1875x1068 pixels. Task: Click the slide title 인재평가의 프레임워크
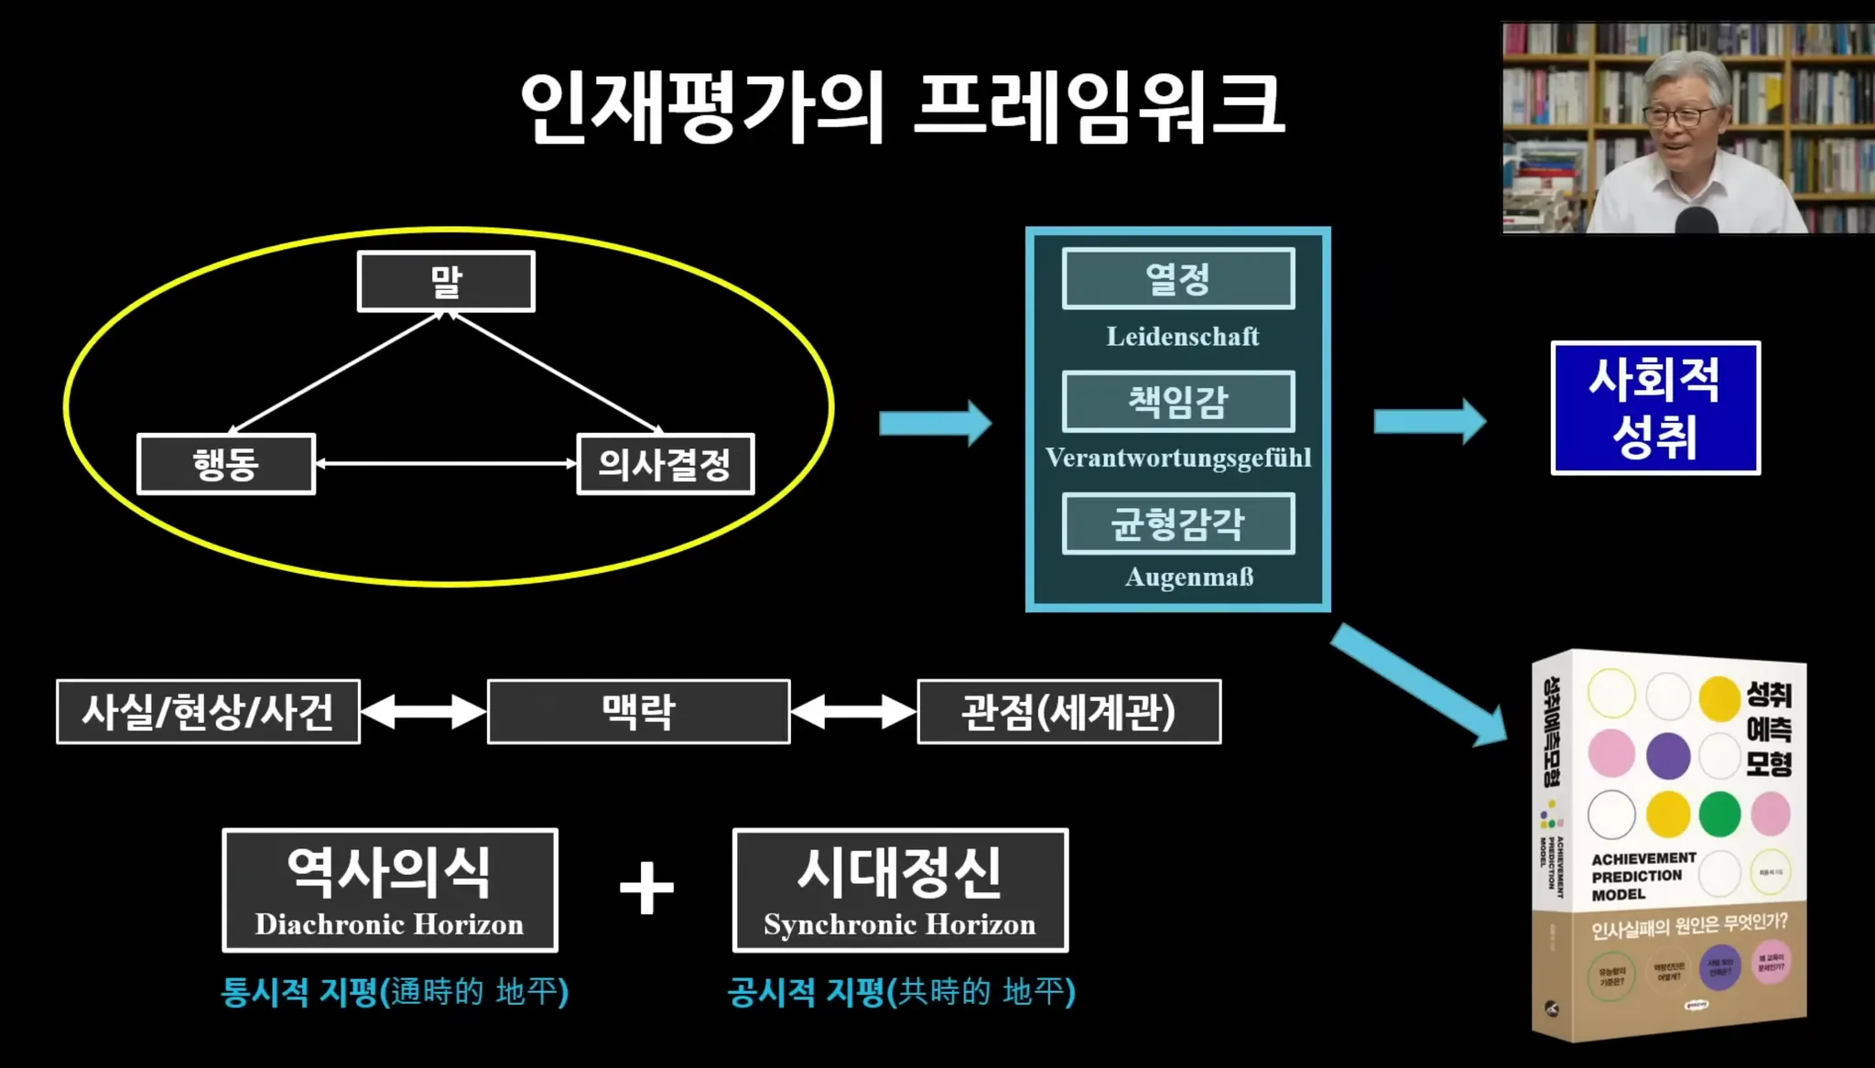click(x=902, y=108)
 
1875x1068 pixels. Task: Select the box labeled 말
click(x=446, y=282)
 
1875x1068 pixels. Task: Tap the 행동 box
click(x=226, y=464)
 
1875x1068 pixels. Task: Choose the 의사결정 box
click(x=666, y=464)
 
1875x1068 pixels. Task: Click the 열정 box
click(x=1178, y=278)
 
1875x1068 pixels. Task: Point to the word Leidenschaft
click(x=1182, y=337)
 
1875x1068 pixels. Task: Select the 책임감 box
click(x=1178, y=401)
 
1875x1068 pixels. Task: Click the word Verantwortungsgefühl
click(x=1178, y=458)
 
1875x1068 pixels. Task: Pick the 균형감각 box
click(x=1178, y=523)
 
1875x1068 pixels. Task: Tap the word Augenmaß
click(x=1188, y=577)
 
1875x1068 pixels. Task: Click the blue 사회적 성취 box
click(x=1655, y=408)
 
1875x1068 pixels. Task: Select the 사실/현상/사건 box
click(x=208, y=712)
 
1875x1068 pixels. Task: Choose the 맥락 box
click(x=638, y=712)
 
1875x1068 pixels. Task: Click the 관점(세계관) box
click(x=1068, y=712)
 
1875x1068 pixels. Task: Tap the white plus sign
click(x=646, y=888)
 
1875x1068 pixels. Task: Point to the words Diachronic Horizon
click(x=389, y=925)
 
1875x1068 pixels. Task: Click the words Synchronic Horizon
click(x=900, y=925)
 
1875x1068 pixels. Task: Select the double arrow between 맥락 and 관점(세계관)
click(x=853, y=712)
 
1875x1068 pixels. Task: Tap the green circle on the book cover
click(x=1719, y=814)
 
